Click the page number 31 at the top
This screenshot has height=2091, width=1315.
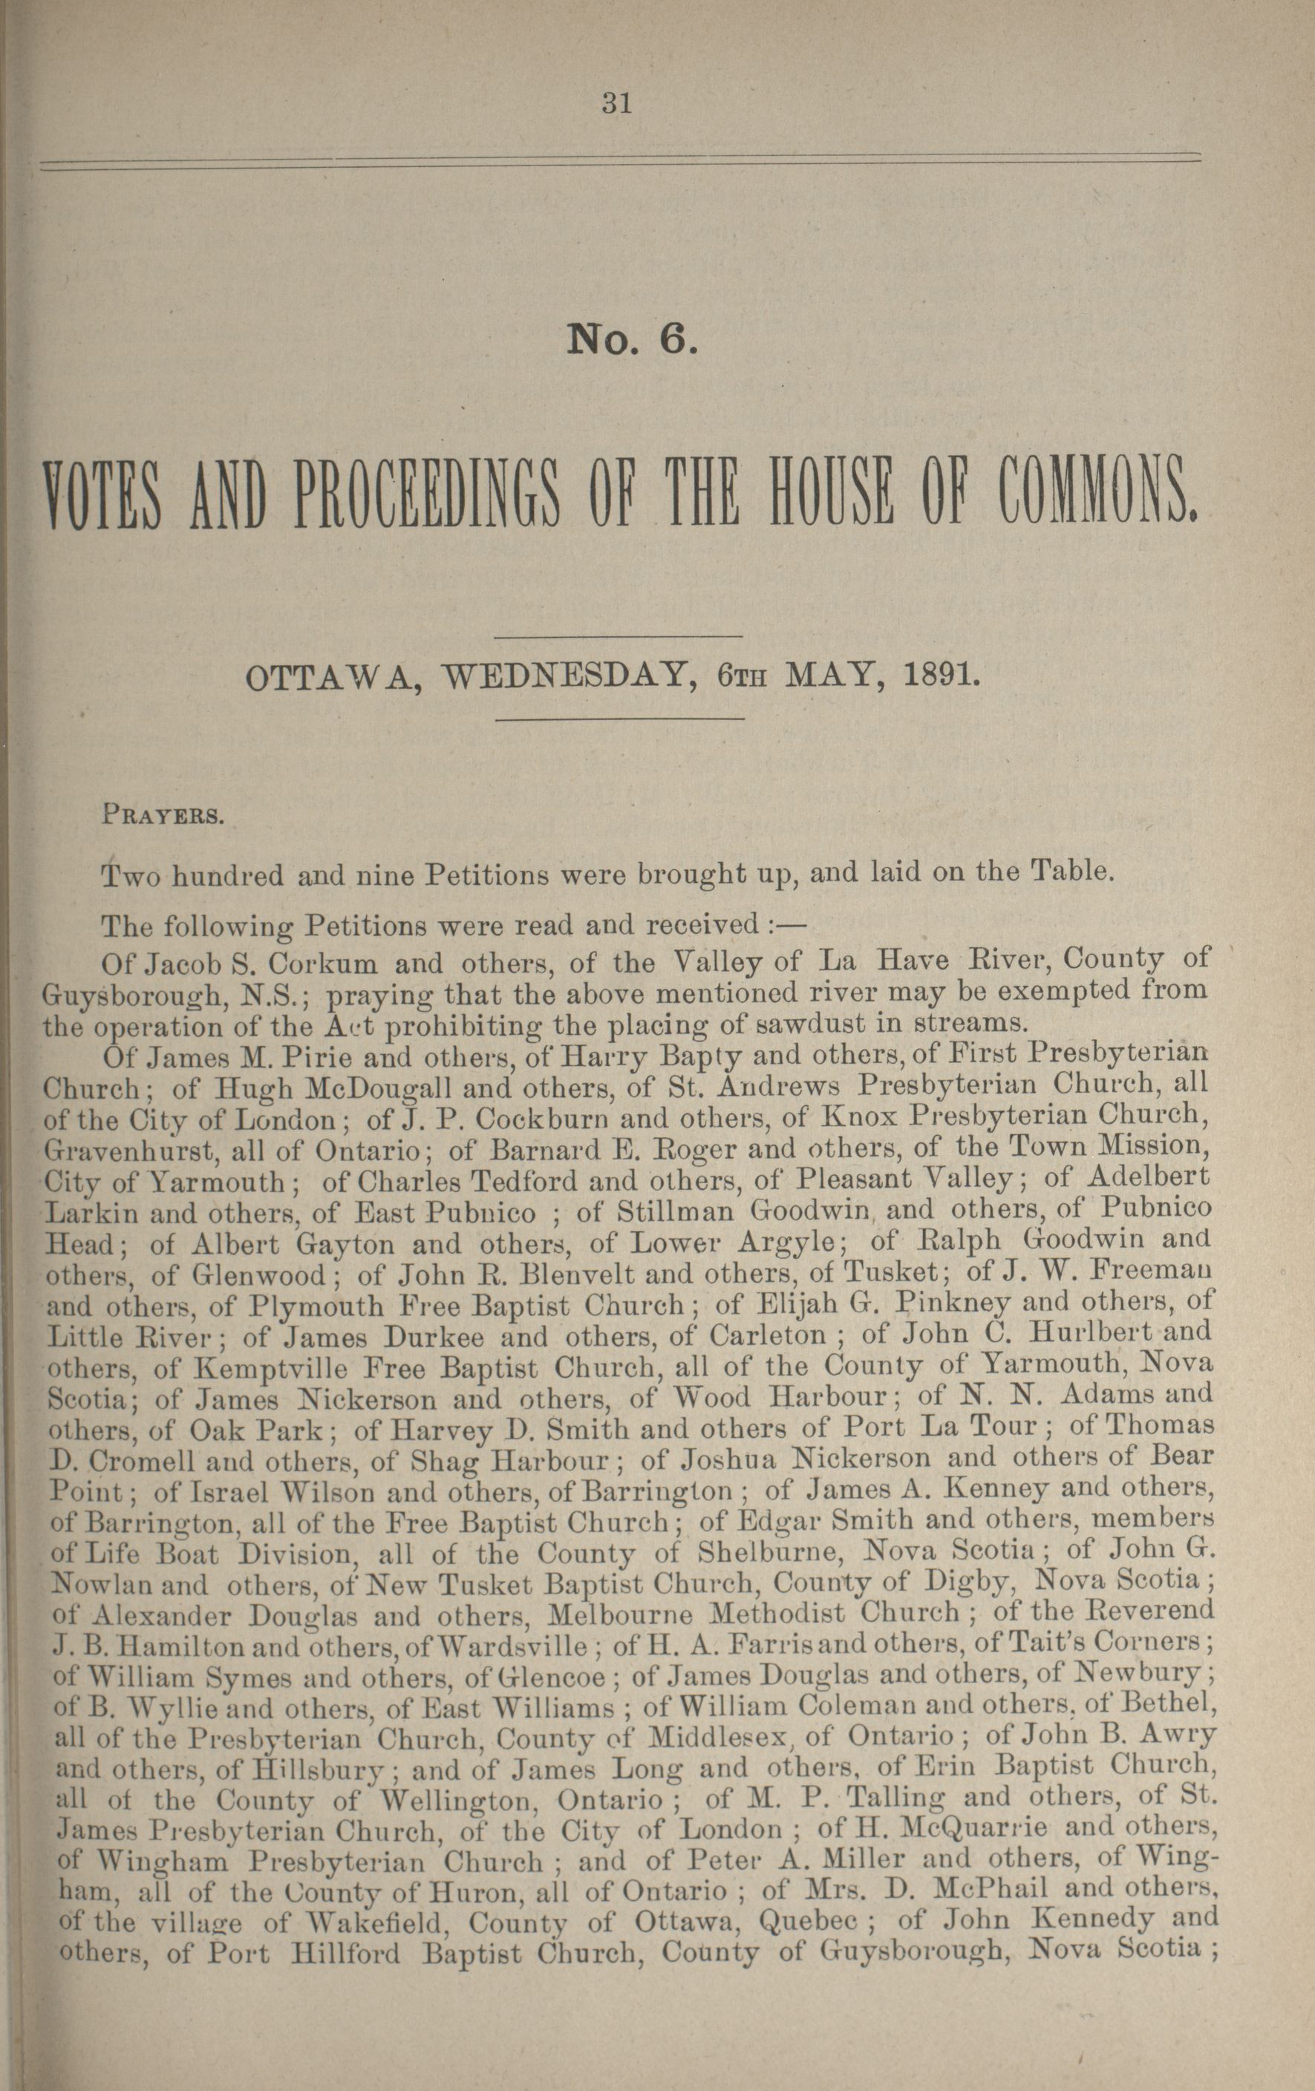pyautogui.click(x=616, y=104)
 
